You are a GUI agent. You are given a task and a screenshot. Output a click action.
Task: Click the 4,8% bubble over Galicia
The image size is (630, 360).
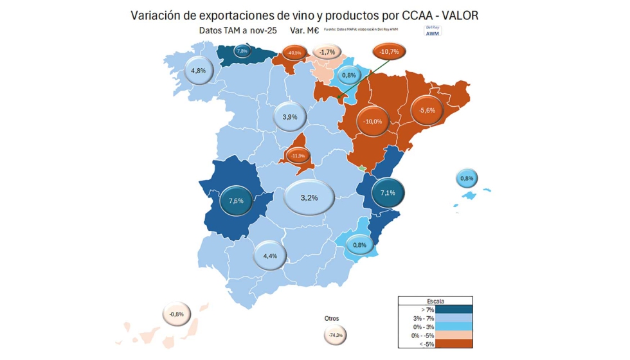(199, 71)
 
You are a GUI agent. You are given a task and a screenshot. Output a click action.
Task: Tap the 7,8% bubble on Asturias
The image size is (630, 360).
(242, 51)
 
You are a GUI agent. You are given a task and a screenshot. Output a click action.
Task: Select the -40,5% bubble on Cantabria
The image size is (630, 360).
(294, 53)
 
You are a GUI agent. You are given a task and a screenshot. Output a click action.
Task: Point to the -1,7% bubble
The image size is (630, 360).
(327, 52)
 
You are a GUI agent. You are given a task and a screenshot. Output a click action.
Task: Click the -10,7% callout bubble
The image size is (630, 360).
(390, 51)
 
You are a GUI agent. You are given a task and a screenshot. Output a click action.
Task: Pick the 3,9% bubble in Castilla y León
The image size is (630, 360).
(290, 117)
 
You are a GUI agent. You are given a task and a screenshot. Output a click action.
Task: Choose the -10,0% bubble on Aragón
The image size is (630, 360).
(373, 121)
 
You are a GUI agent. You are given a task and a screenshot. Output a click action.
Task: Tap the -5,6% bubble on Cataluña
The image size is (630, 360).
(427, 110)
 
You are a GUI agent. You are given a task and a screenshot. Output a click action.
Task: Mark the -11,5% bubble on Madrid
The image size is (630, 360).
(298, 156)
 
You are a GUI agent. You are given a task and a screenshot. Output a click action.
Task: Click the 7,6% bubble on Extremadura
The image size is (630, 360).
(236, 201)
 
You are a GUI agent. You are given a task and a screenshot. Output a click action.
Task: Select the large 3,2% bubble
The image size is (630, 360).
(309, 197)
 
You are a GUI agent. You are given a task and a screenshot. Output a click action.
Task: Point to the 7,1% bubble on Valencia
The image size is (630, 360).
(388, 192)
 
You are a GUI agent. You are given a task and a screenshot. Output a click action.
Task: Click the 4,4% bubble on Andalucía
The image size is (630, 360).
(270, 256)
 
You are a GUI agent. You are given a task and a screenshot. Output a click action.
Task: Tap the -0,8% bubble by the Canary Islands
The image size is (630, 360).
(177, 314)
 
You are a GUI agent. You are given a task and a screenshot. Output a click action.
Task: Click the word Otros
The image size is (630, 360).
(332, 318)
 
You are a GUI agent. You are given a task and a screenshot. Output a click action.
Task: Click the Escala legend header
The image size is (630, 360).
(435, 301)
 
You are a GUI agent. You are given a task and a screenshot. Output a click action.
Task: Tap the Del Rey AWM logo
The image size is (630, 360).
(433, 31)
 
